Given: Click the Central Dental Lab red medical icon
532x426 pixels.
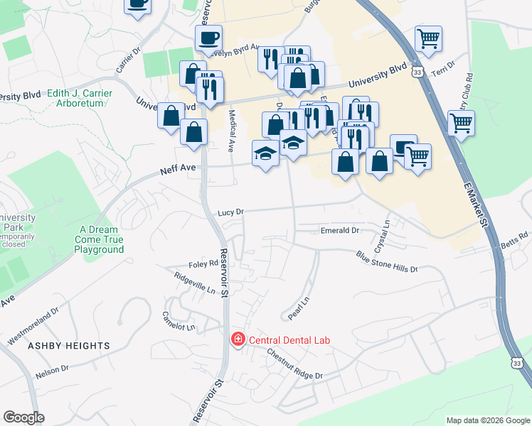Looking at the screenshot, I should (x=236, y=340).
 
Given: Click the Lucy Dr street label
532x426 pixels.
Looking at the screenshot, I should (x=230, y=212).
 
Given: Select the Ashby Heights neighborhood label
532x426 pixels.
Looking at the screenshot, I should (x=69, y=346).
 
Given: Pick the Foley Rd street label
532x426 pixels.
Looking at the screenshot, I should (x=203, y=263).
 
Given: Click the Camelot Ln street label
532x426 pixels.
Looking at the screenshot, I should (x=179, y=322).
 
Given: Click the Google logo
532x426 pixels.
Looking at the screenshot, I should (x=23, y=417).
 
